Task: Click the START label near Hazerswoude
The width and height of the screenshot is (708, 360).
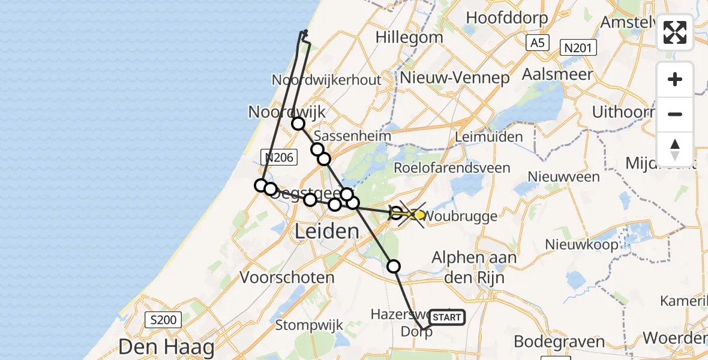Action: (x=447, y=317)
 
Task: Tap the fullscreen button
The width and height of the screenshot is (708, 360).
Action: (x=675, y=32)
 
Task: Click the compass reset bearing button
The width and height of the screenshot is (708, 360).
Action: (x=675, y=149)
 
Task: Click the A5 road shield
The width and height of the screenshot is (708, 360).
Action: (x=537, y=43)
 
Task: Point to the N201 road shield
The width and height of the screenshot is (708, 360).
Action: (x=578, y=47)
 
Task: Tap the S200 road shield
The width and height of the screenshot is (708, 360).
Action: (x=163, y=320)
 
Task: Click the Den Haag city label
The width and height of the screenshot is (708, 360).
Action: (x=166, y=347)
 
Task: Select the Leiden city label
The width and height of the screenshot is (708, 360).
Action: (x=328, y=232)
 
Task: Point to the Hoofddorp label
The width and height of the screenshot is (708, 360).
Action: (x=506, y=17)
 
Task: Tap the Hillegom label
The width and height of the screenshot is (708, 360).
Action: (x=403, y=37)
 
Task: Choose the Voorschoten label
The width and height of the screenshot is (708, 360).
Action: (x=287, y=278)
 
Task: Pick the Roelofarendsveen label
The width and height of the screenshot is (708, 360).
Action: (x=452, y=168)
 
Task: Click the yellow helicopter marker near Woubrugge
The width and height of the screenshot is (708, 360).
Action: (x=418, y=214)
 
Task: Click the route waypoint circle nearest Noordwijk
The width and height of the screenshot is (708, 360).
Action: (x=298, y=124)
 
